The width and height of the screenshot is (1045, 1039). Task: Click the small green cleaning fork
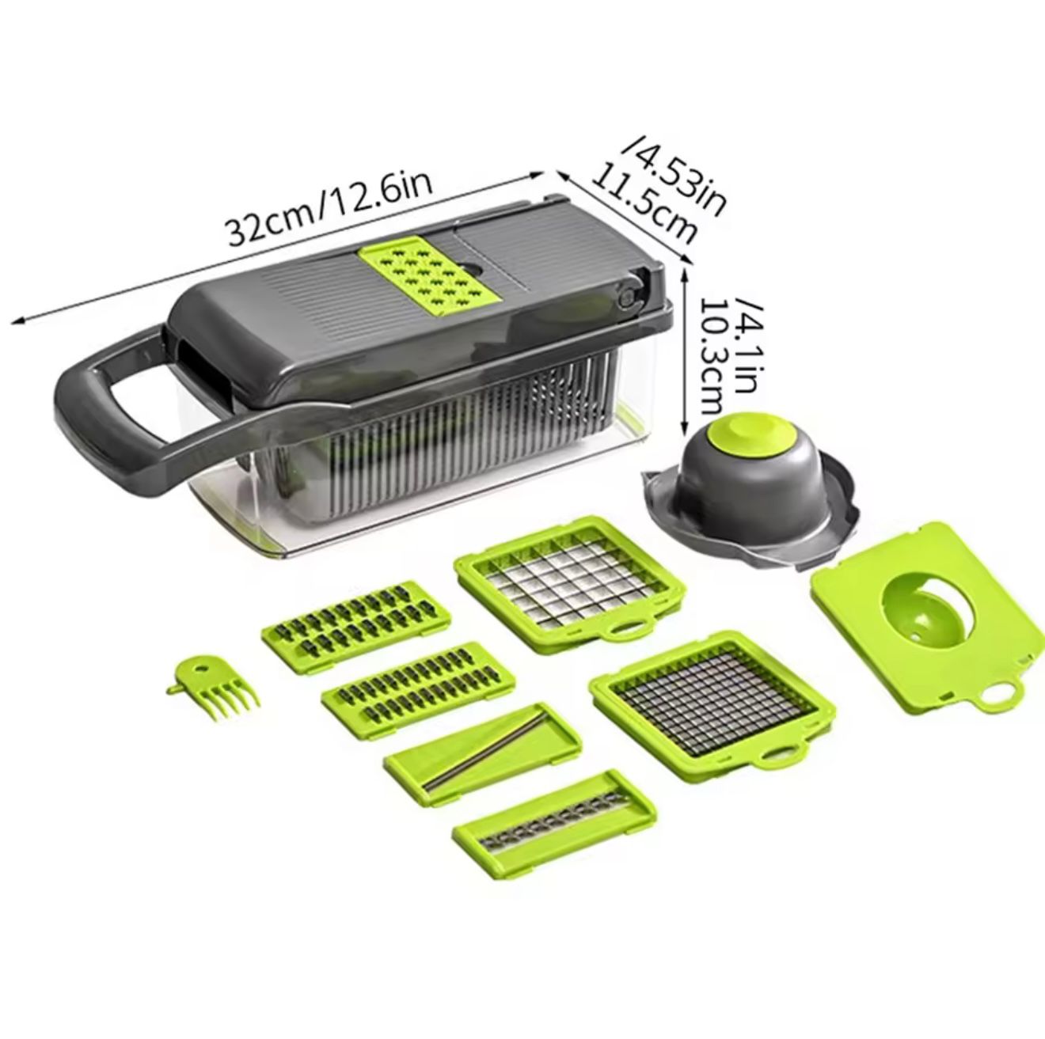pyautogui.click(x=212, y=688)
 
